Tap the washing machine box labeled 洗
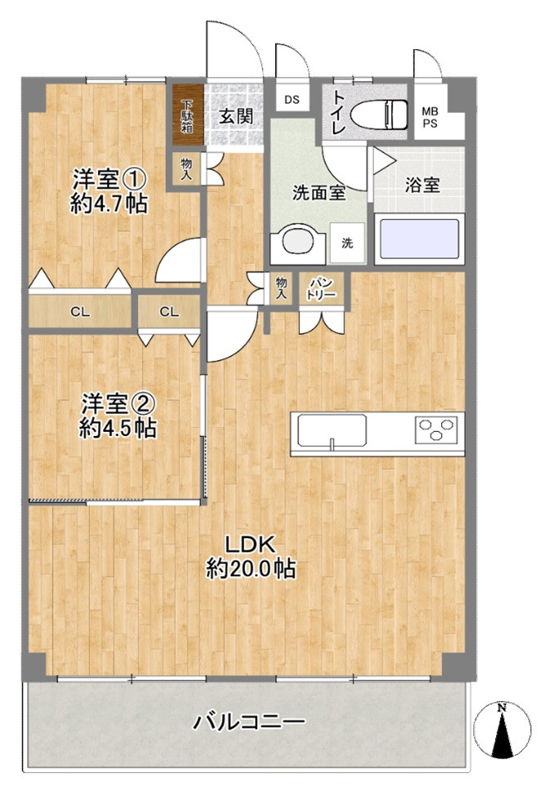tap(347, 243)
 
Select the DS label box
tap(292, 100)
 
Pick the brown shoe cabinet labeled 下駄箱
tap(187, 115)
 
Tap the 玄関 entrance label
tap(234, 116)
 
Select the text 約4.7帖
tap(109, 205)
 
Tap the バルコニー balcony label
tap(249, 722)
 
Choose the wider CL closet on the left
tap(79, 311)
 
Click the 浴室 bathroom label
tap(422, 185)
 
